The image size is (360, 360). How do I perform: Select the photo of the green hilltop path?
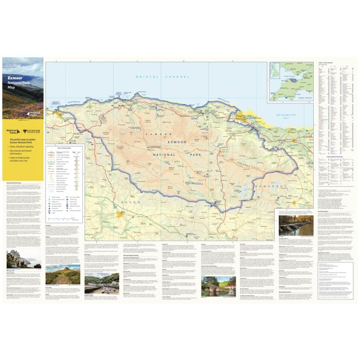63,276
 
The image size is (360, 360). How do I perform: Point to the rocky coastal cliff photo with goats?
24,259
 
